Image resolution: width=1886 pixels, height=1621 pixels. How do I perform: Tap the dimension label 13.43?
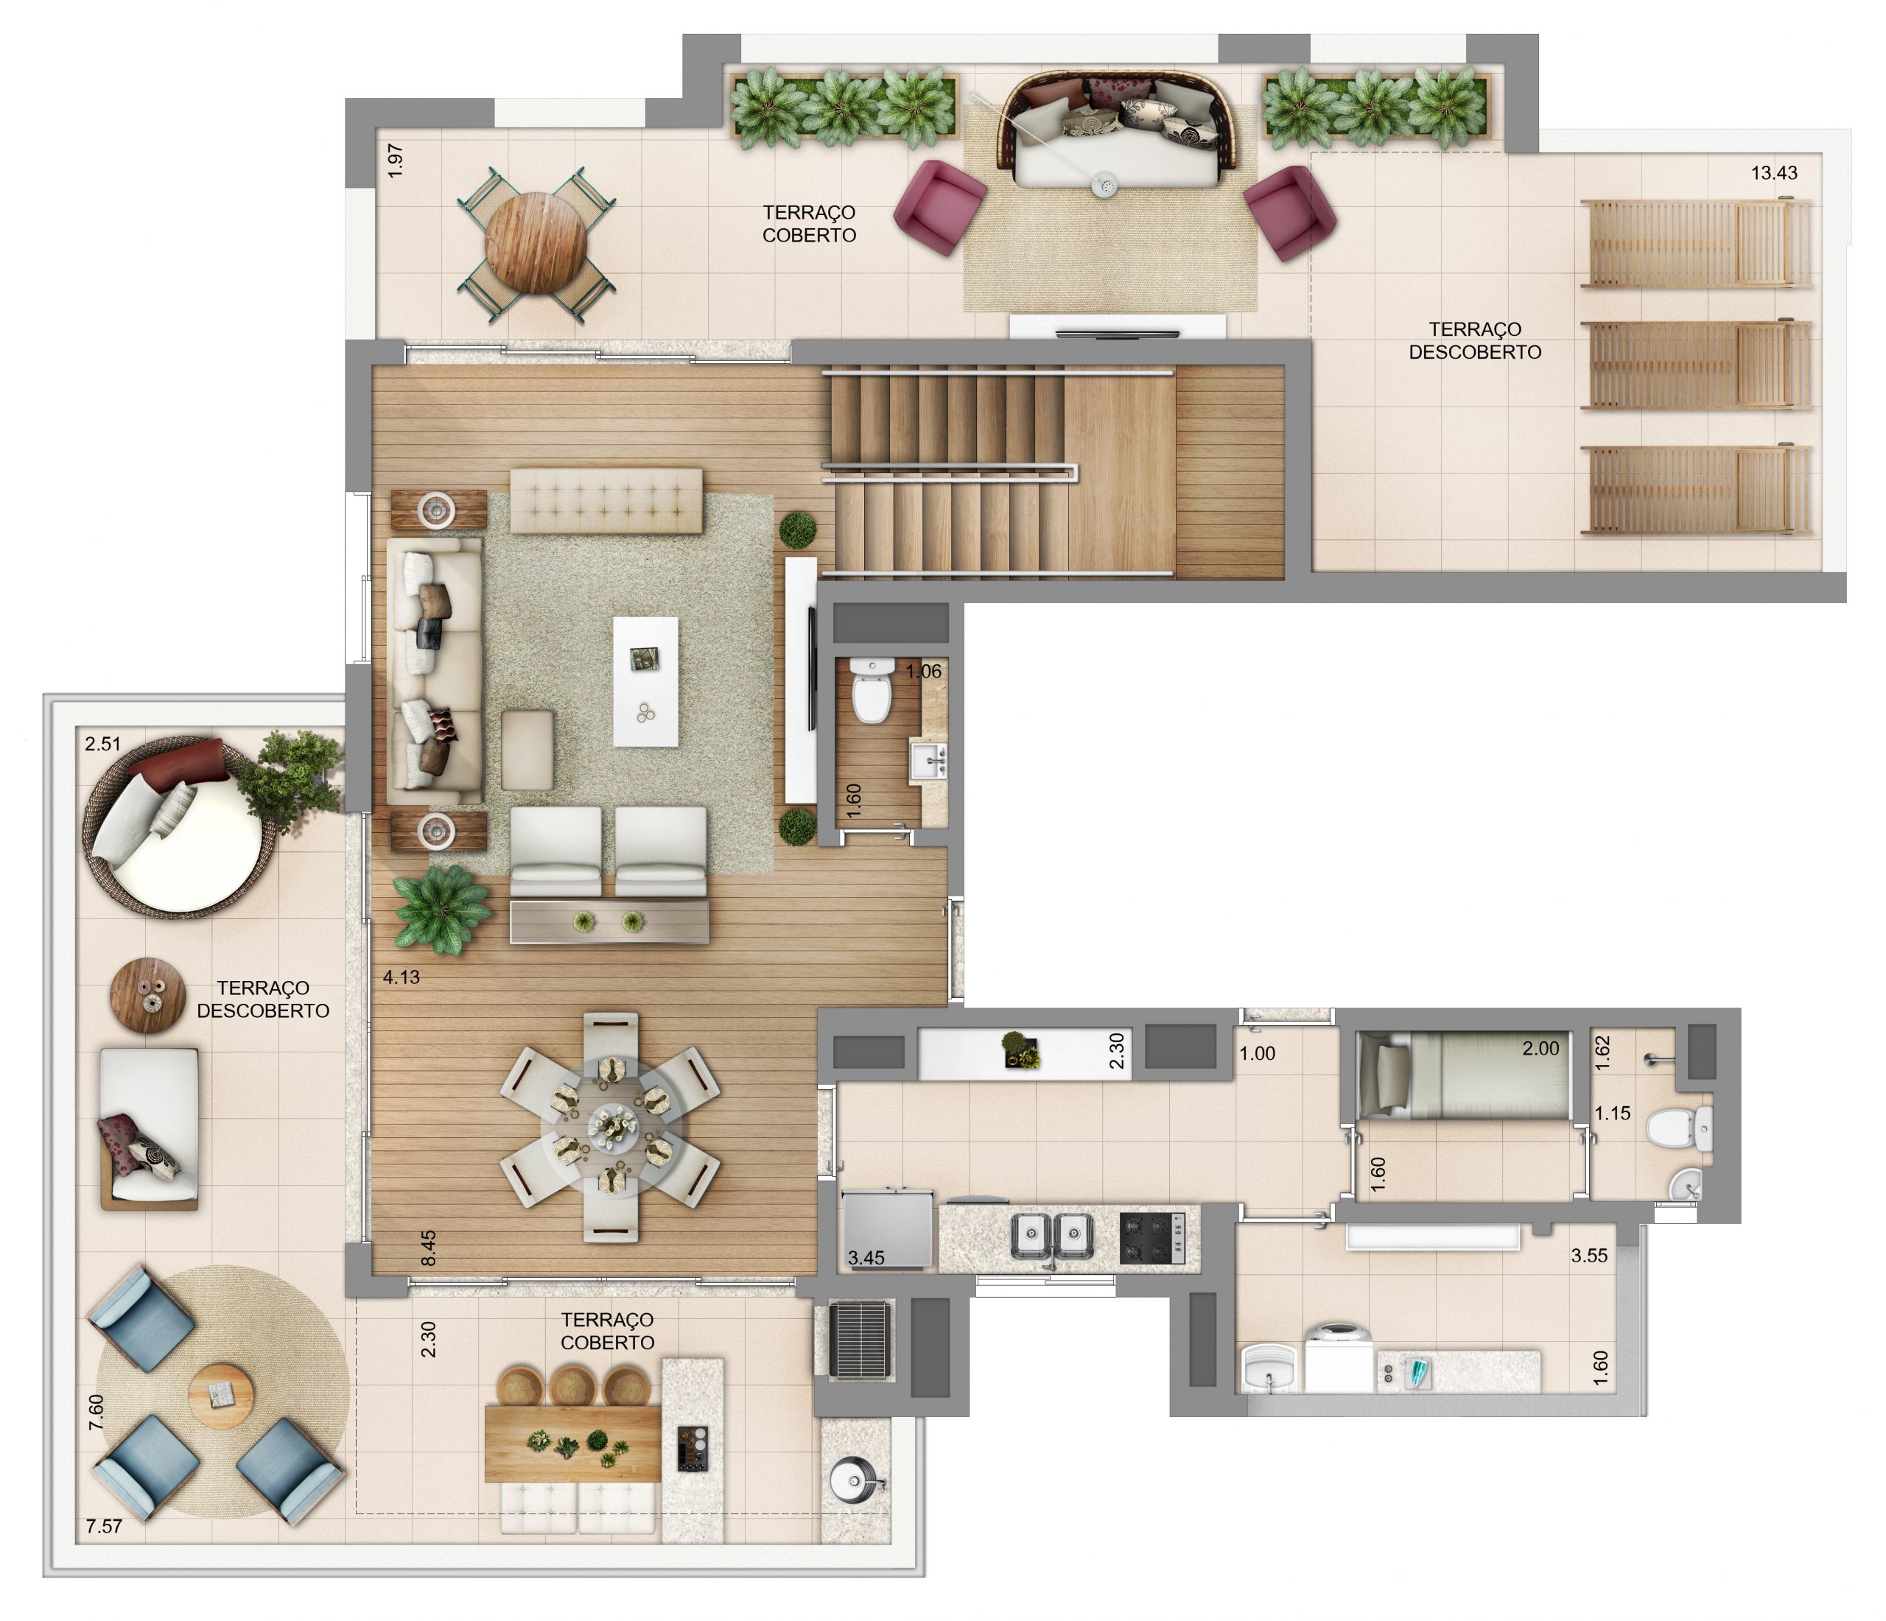(x=1773, y=173)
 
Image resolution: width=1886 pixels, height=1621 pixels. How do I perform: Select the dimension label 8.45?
(x=429, y=1248)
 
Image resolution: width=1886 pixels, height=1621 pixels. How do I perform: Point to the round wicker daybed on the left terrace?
(x=180, y=826)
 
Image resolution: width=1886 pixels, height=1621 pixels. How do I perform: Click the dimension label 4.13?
(x=401, y=977)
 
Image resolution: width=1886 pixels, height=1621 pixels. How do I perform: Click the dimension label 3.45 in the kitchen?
(x=866, y=1258)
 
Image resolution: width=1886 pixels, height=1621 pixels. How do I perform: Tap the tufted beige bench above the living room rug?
(x=606, y=501)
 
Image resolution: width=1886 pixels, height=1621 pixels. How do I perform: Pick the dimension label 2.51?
(x=103, y=744)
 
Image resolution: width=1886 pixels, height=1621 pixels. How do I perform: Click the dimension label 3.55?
(x=1589, y=1255)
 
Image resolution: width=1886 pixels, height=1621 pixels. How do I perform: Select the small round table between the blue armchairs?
(x=221, y=1396)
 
